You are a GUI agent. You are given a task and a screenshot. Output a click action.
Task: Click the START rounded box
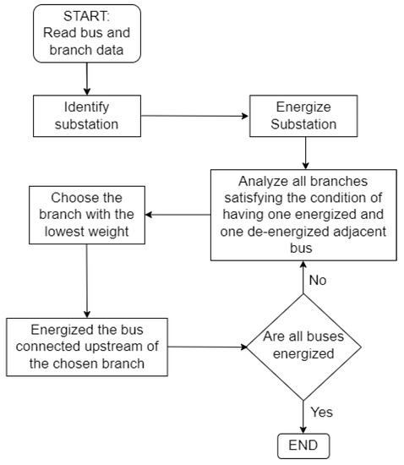click(x=86, y=34)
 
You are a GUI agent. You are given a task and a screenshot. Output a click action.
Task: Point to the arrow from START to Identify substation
click(x=86, y=78)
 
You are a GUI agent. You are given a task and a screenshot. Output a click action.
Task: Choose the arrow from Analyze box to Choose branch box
click(x=177, y=214)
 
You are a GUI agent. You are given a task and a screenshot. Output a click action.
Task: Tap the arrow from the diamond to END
click(x=303, y=414)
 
